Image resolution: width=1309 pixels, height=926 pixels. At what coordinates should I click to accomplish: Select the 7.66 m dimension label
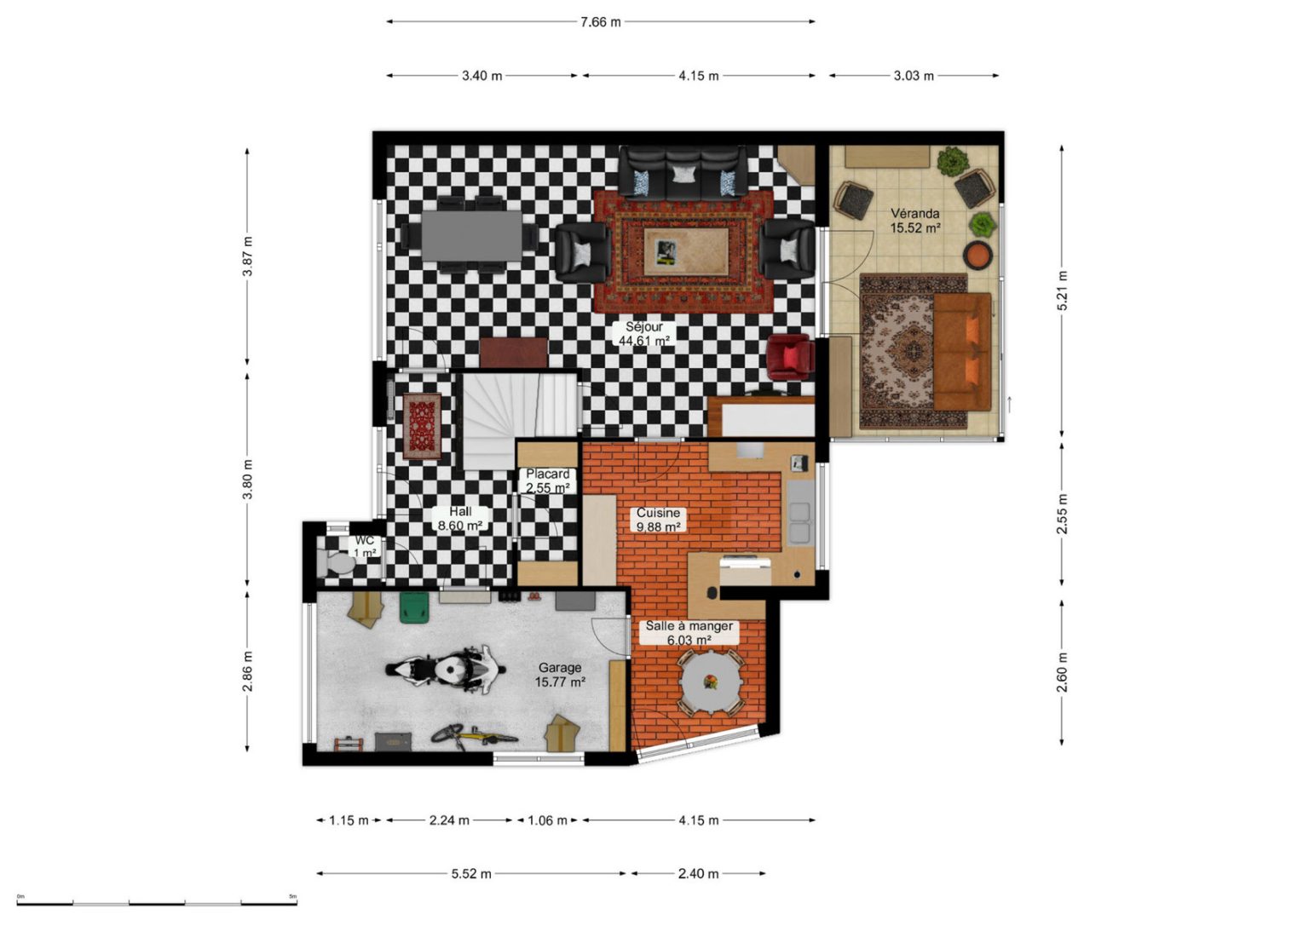[x=600, y=22]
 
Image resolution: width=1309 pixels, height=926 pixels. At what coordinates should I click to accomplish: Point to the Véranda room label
[x=915, y=221]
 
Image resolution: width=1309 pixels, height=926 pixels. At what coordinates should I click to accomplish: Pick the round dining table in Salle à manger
[x=712, y=682]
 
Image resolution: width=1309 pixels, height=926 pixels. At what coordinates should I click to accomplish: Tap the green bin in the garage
[x=414, y=607]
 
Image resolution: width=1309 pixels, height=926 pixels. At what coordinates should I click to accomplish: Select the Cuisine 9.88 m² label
[x=658, y=520]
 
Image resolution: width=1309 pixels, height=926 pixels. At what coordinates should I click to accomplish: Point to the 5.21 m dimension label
[x=1063, y=290]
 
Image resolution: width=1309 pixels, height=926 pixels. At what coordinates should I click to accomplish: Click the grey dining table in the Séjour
[x=472, y=235]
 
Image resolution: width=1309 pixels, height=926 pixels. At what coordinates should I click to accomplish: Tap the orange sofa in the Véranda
[x=962, y=352]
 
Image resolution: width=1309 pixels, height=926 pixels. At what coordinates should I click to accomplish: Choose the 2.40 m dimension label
[x=698, y=874]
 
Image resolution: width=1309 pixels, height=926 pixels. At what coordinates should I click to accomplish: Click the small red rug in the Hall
[x=422, y=427]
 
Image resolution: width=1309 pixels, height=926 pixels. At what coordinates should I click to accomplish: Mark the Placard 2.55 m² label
[x=547, y=480]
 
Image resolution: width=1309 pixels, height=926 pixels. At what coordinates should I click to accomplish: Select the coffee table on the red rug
[x=686, y=252]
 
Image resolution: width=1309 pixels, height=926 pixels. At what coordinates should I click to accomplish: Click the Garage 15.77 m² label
[x=560, y=674]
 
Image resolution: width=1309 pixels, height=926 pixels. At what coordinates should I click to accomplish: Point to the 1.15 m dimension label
[x=349, y=820]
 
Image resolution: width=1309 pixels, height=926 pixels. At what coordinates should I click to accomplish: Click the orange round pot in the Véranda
[x=978, y=255]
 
